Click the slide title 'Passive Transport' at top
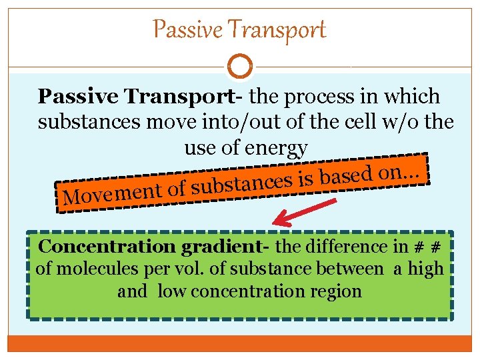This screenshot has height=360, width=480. point(239,29)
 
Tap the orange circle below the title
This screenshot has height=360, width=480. point(239,67)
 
